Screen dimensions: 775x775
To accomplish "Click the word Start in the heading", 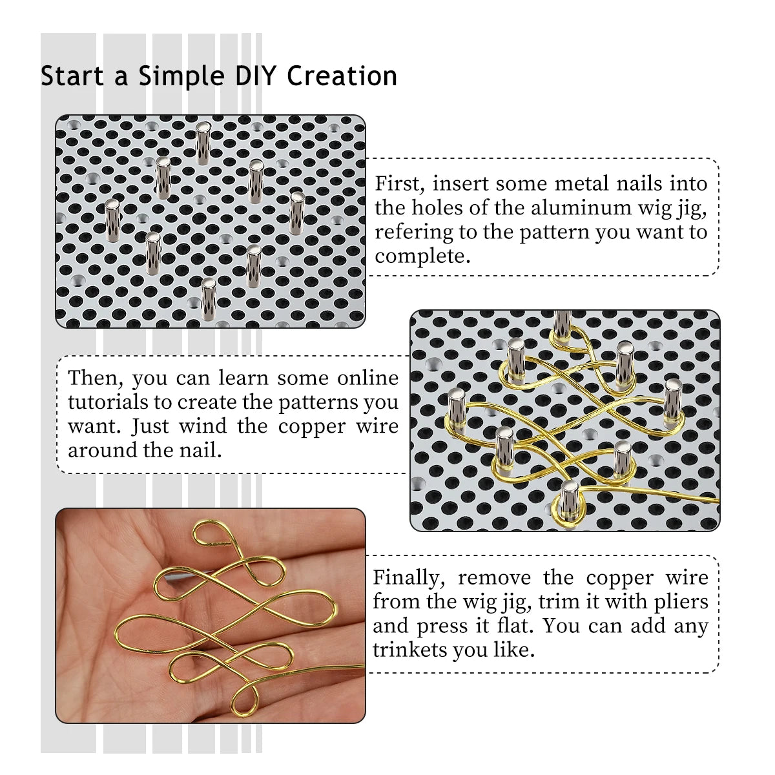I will [72, 76].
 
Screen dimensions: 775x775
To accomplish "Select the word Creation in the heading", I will [342, 76].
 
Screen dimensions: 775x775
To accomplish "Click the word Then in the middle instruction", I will [96, 378].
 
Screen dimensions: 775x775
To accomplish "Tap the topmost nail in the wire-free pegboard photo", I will [203, 142].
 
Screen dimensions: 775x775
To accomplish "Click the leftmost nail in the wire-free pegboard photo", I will [112, 218].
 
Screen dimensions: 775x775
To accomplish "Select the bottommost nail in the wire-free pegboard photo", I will [208, 298].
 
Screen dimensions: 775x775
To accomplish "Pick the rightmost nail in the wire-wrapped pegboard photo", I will [673, 401].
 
